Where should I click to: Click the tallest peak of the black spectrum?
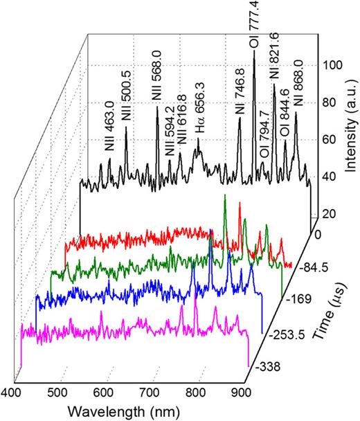point(254,53)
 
